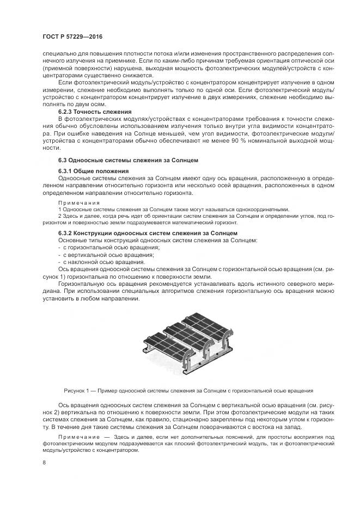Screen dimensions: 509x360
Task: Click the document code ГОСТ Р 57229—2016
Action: point(72,36)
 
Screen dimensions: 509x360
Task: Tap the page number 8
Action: point(45,463)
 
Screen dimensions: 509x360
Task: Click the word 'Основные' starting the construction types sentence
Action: point(72,240)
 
